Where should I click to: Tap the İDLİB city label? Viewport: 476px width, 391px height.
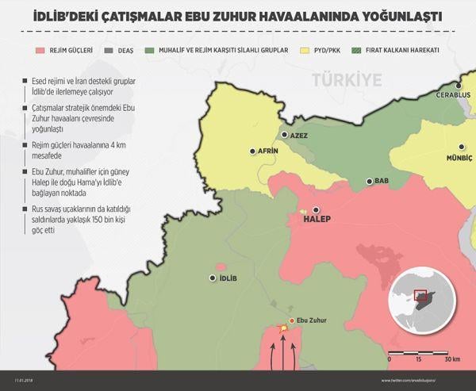[228, 278]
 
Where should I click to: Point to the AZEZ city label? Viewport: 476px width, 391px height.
[298, 135]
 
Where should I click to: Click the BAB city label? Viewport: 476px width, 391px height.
[382, 182]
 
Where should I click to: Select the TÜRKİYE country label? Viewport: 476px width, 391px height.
[347, 79]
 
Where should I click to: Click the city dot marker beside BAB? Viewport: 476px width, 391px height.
[369, 182]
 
